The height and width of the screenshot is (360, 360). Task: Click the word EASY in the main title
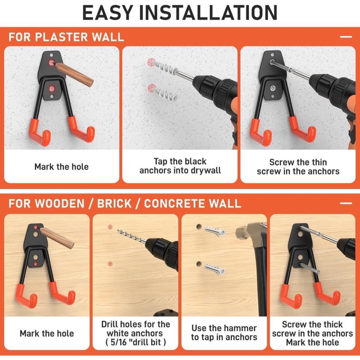(x=108, y=13)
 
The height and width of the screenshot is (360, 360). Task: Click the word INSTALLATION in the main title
(x=208, y=13)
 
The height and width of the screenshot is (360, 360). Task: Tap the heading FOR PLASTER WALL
(x=66, y=37)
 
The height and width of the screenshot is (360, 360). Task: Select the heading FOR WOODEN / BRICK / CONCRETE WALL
(x=125, y=204)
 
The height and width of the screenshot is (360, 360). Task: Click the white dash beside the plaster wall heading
(x=346, y=37)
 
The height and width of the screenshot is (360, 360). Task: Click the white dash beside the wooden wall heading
(x=346, y=203)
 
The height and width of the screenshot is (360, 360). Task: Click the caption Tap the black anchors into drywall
(x=180, y=166)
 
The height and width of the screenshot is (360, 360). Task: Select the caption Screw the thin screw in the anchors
(x=298, y=166)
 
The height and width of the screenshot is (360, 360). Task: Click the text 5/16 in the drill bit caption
(x=118, y=342)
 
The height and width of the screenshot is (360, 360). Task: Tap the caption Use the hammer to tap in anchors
(x=224, y=333)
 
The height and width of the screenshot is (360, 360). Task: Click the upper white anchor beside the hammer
(x=215, y=230)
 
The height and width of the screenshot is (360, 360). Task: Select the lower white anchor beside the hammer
(x=215, y=269)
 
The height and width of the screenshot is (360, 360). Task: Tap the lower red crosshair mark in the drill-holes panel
(x=110, y=264)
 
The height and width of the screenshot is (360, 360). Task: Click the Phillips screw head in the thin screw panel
(x=273, y=88)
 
